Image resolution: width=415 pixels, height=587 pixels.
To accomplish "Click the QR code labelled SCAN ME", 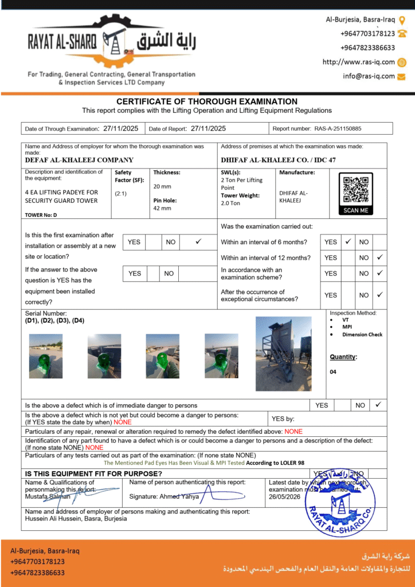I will tap(355, 193).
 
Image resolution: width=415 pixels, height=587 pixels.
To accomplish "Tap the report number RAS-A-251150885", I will tap(338, 129).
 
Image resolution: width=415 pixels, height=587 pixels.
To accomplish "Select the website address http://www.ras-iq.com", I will tap(359, 62).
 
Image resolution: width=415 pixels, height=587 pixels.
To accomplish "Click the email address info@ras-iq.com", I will tap(369, 76).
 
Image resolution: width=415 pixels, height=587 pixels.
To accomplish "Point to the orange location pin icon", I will tap(402, 19).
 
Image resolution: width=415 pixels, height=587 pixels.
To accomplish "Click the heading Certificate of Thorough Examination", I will tap(207, 101).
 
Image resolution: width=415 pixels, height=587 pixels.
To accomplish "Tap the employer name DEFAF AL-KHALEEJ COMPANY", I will tap(79, 161).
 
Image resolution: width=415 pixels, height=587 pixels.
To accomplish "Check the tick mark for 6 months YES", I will tap(348, 242).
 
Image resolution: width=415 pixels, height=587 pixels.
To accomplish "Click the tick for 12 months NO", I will tap(379, 257).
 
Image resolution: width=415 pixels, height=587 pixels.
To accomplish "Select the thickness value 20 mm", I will tap(162, 186).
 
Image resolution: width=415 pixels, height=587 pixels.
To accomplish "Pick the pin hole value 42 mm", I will tap(162, 208).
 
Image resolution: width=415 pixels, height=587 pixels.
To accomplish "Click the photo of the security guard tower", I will tap(283, 353).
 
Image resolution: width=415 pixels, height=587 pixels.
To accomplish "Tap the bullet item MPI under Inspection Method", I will tap(347, 327).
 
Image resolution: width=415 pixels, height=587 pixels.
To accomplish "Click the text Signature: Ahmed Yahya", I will tap(164, 496).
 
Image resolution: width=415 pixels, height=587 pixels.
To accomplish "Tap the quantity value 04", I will tap(333, 372).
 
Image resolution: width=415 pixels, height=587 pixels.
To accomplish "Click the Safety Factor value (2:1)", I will tap(121, 194).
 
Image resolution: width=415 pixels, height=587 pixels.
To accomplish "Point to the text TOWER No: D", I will tap(41, 215).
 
